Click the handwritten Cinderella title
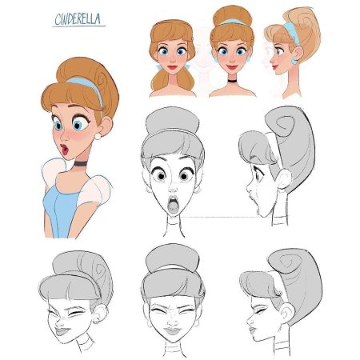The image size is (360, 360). point(78,19)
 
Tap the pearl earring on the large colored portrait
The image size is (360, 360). point(98,136)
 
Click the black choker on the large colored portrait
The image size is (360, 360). point(80,163)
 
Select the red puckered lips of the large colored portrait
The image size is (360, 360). point(64,150)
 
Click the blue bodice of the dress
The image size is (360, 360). point(60,210)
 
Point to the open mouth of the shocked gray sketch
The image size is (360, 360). point(173,204)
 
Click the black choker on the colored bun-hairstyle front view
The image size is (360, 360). point(232,81)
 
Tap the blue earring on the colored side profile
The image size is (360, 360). point(294,60)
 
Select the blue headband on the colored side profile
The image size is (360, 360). point(293,33)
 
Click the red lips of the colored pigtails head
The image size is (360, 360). point(172,67)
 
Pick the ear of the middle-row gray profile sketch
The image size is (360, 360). point(284,180)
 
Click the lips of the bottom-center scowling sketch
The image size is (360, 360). point(173,331)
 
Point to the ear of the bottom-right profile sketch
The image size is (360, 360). point(287,312)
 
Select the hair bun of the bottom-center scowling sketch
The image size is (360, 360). point(173,258)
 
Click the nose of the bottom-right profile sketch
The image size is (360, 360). point(250,320)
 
